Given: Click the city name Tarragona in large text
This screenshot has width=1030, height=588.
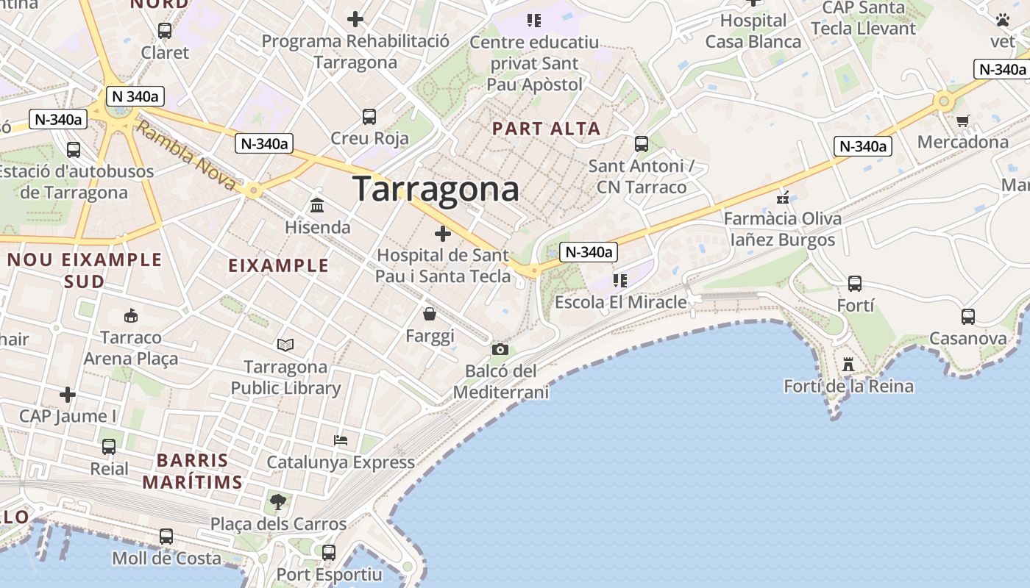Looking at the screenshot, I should (436, 189).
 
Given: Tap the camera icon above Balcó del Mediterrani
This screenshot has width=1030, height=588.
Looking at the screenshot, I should (500, 349).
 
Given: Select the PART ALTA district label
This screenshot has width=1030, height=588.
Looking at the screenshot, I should (546, 129).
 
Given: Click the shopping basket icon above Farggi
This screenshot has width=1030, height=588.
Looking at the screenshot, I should (430, 315).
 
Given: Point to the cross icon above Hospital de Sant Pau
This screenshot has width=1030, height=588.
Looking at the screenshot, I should (443, 234).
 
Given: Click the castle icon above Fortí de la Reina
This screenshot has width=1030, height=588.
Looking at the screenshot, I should (848, 364).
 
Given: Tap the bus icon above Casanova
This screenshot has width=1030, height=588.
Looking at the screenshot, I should (968, 317).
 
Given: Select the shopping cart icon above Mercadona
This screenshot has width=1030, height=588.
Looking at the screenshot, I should (962, 121).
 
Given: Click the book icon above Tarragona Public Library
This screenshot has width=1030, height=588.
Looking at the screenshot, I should (285, 345).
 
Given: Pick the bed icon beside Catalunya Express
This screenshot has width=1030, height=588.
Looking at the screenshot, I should (341, 440).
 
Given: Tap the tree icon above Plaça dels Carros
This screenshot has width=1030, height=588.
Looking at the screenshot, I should (278, 502).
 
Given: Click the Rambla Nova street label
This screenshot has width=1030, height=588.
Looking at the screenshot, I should (187, 156).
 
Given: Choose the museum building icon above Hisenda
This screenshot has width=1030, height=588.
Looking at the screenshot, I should (318, 205).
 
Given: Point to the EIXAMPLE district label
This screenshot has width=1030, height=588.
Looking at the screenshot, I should (279, 266).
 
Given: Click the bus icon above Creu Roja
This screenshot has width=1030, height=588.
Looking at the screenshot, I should (369, 116).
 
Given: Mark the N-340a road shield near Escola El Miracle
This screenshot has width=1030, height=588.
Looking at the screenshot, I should (587, 252).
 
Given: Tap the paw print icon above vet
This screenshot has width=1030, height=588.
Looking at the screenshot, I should (1003, 20).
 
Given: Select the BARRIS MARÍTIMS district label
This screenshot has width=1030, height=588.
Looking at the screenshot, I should (192, 472).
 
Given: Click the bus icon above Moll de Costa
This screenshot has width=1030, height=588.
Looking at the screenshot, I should (166, 537).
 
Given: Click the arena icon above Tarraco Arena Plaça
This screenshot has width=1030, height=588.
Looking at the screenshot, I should (131, 316).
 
